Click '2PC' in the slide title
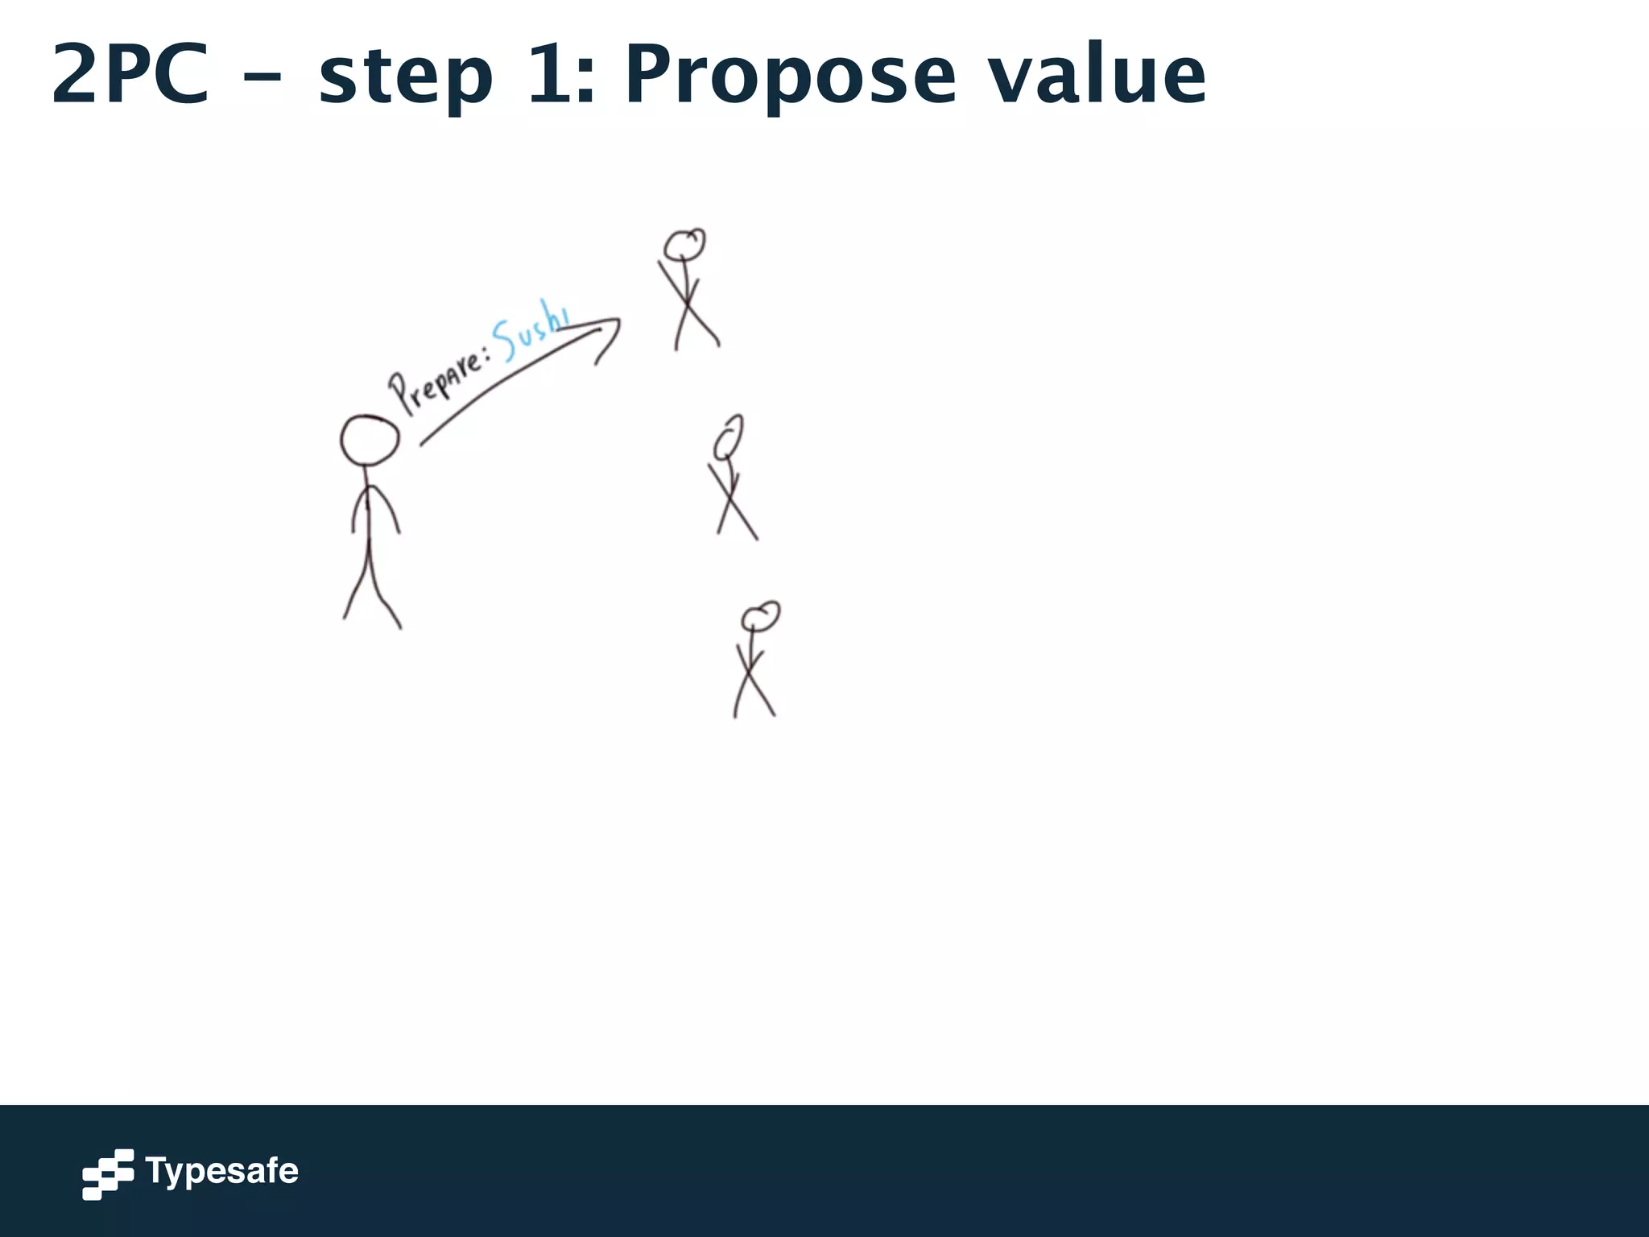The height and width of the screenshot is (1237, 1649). click(x=130, y=74)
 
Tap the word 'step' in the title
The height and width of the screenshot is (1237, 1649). click(x=405, y=78)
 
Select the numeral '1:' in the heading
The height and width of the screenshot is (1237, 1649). click(x=561, y=74)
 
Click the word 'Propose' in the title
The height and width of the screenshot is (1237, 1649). click(x=790, y=78)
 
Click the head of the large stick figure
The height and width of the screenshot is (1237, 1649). click(x=370, y=440)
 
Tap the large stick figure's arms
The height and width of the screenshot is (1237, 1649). click(x=374, y=507)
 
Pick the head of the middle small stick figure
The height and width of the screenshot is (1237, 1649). click(x=729, y=436)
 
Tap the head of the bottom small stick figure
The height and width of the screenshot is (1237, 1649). click(x=760, y=617)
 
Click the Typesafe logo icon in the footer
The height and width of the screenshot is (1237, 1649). click(x=108, y=1173)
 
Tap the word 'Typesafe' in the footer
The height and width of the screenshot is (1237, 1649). click(x=221, y=1170)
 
